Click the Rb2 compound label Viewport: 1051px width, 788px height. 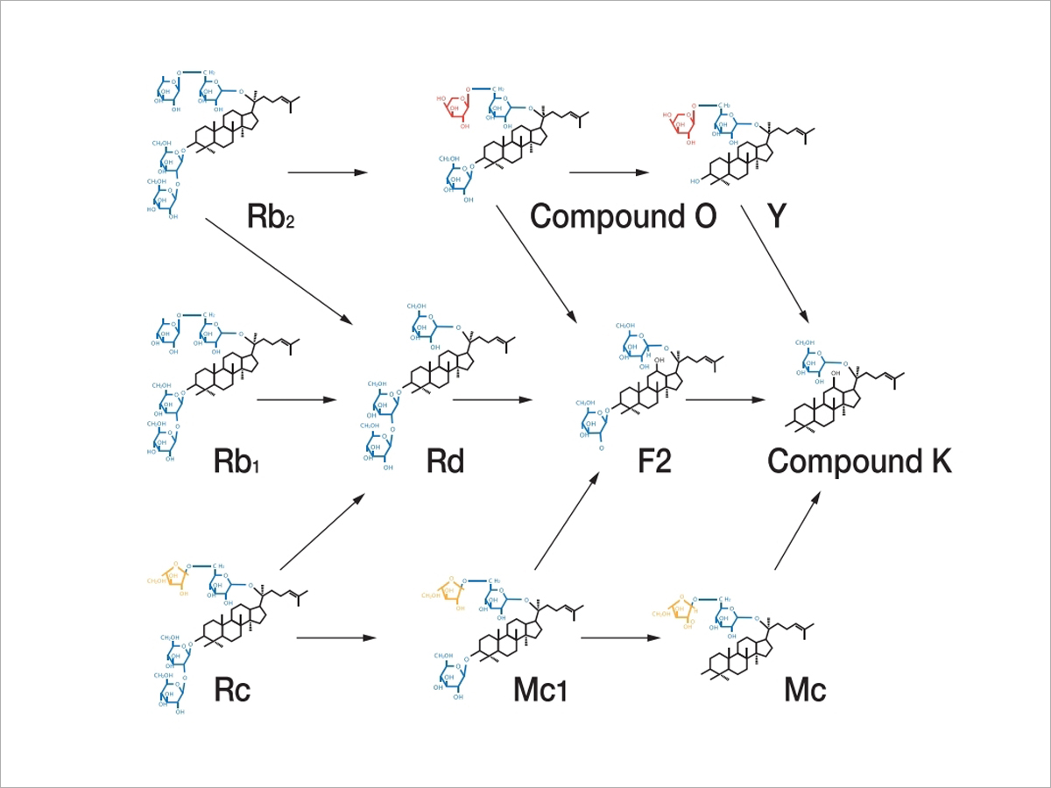click(x=270, y=216)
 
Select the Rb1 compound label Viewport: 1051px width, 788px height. click(x=238, y=461)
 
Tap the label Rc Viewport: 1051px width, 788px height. click(x=232, y=689)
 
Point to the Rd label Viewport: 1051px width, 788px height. click(x=445, y=461)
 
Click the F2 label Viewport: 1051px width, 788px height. click(x=654, y=461)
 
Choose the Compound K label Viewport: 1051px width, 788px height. click(x=859, y=461)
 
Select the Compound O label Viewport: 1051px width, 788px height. click(x=624, y=216)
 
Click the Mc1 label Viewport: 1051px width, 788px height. click(x=540, y=689)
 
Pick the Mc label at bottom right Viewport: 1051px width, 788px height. click(x=805, y=689)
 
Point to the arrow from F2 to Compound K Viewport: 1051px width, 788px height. click(x=725, y=400)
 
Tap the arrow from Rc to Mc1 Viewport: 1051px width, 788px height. click(x=336, y=637)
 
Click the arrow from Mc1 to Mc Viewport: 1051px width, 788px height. click(x=620, y=637)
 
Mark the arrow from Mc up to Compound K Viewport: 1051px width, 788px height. click(x=797, y=531)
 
